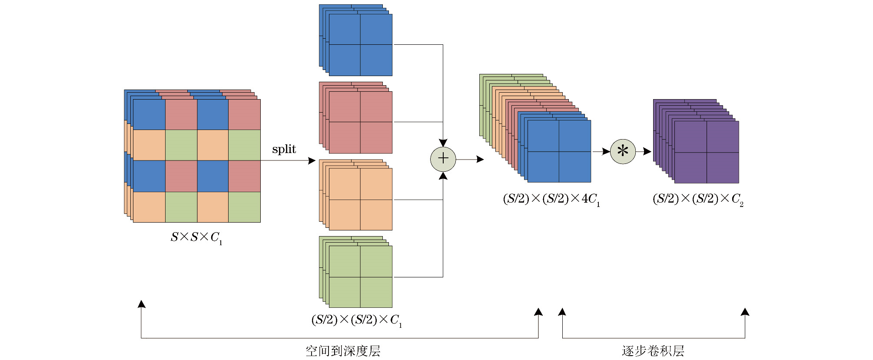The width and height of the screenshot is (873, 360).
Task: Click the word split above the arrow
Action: tap(284, 149)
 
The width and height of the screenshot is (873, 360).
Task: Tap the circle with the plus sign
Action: tap(443, 159)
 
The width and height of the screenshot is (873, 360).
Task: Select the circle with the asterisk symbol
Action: tap(623, 151)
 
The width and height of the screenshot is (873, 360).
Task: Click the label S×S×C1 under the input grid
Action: tap(196, 237)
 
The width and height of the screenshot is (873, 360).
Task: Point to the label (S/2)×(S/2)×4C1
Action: tap(551, 199)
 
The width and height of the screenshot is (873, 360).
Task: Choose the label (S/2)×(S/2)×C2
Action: tap(698, 199)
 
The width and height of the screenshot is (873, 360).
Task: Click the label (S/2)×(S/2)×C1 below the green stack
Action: tap(356, 320)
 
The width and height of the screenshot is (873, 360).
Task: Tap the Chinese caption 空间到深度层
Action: tap(343, 351)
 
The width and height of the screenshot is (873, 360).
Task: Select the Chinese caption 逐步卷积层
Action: tap(653, 351)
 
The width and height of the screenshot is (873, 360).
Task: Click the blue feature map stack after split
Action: tap(360, 45)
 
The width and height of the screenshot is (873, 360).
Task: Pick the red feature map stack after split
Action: tap(360, 122)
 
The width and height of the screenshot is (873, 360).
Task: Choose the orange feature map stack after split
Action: tap(360, 199)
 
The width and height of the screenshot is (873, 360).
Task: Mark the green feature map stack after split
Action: tap(360, 277)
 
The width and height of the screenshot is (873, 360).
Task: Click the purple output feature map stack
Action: tap(706, 152)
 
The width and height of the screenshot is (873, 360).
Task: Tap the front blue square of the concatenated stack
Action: tap(559, 151)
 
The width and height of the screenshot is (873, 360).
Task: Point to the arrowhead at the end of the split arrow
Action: tap(312, 161)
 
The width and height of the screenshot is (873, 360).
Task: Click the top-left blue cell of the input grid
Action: tap(149, 115)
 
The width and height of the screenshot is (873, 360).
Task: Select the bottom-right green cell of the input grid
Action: tap(244, 207)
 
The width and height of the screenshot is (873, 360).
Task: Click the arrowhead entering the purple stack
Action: tap(647, 151)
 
